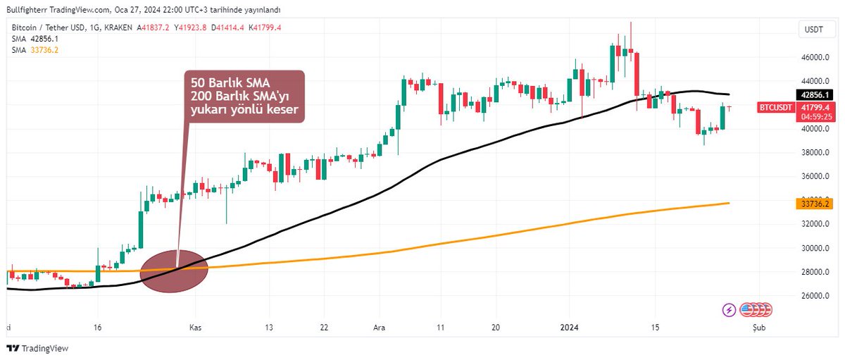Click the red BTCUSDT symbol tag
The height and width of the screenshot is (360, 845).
coord(776,107)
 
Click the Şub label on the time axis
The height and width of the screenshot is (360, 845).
coord(757,328)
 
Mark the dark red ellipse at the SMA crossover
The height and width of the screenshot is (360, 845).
coord(174,271)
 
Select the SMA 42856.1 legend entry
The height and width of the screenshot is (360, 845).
coord(35,38)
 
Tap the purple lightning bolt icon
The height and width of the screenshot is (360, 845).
coord(729,309)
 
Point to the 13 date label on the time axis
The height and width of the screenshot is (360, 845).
coord(268,328)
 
